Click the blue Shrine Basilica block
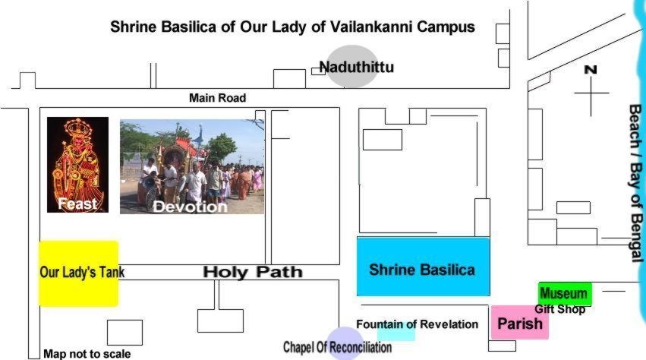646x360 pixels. (x=423, y=267)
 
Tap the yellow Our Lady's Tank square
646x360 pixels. (x=79, y=274)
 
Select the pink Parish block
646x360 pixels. (x=519, y=323)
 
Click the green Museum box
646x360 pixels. (x=565, y=294)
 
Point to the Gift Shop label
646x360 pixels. (x=560, y=309)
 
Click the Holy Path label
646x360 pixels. (x=253, y=272)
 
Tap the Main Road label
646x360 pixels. (x=218, y=98)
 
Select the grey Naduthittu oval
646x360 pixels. (x=353, y=66)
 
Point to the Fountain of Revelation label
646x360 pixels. (x=417, y=324)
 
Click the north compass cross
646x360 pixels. (x=591, y=93)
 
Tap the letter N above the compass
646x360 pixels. (x=591, y=70)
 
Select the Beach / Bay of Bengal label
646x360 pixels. (x=635, y=183)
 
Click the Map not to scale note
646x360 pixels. (x=87, y=354)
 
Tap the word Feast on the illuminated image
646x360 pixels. (x=77, y=204)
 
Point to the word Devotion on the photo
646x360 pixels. (x=190, y=207)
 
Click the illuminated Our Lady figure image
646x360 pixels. (x=78, y=165)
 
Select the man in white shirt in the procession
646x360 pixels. (x=196, y=182)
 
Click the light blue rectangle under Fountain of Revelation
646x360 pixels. (x=396, y=333)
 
